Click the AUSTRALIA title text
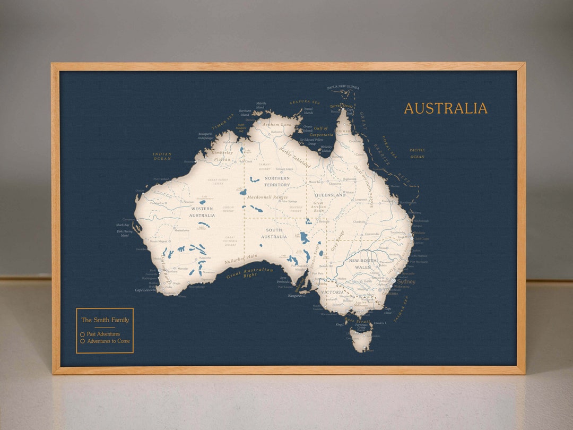pyautogui.click(x=445, y=108)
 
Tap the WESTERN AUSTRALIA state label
pyautogui.click(x=202, y=212)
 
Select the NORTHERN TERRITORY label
pyautogui.click(x=277, y=182)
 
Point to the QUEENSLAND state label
pyautogui.click(x=329, y=195)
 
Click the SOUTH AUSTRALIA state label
pyautogui.click(x=274, y=233)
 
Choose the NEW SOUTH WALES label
pyautogui.click(x=362, y=264)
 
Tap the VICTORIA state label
pyautogui.click(x=333, y=293)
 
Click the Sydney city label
pyautogui.click(x=406, y=281)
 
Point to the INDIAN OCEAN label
pyautogui.click(x=162, y=156)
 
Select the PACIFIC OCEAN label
pyautogui.click(x=417, y=153)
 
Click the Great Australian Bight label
pyautogui.click(x=249, y=273)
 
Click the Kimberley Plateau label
pyautogui.click(x=223, y=156)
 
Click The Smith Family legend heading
pyautogui.click(x=105, y=320)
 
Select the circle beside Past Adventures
pyautogui.click(x=82, y=334)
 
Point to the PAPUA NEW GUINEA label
pyautogui.click(x=343, y=87)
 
